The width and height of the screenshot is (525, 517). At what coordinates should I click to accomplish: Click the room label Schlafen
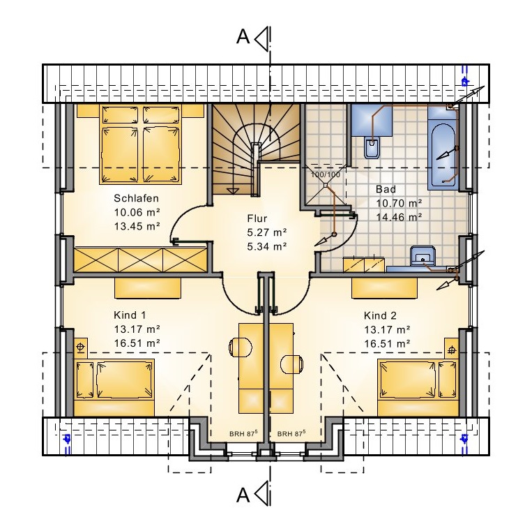pos(136,198)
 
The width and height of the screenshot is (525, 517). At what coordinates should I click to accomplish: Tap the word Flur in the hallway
pos(257,218)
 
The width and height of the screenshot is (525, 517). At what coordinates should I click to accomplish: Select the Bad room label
pos(386,189)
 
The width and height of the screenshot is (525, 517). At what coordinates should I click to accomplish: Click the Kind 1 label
pos(130,315)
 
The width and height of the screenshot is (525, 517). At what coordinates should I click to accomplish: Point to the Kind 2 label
pos(380,315)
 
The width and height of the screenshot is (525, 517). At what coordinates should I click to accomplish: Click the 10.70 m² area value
pos(399,204)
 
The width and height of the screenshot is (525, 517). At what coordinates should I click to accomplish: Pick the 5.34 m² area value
pos(267,246)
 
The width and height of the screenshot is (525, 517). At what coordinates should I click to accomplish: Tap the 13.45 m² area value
pos(137,226)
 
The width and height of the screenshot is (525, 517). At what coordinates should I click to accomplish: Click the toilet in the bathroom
pos(372,147)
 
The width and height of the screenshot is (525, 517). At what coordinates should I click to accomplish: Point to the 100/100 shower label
pos(326,174)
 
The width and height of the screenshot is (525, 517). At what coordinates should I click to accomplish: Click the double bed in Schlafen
pos(141,144)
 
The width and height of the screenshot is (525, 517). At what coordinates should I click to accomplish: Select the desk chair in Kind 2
pos(292,364)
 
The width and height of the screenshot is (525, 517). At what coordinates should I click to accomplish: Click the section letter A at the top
pos(243,36)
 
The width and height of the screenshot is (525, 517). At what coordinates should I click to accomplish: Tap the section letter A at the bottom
pos(243,495)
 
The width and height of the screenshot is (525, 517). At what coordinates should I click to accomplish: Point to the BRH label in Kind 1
pos(243,433)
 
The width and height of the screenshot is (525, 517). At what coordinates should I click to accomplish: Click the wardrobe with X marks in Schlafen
pos(140,260)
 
